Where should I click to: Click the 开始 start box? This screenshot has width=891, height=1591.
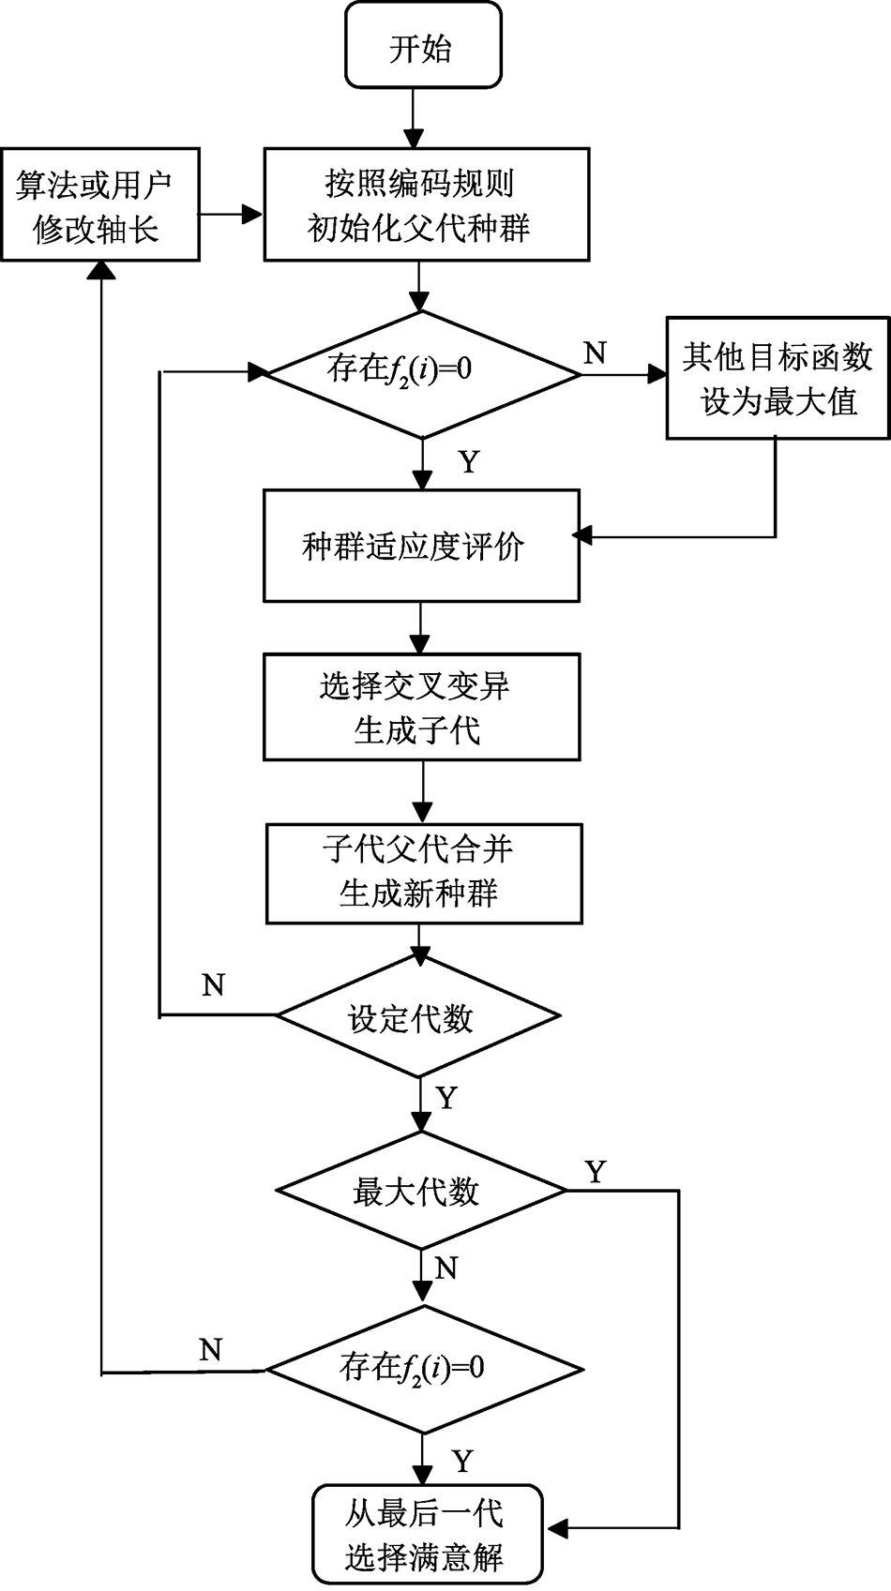(423, 45)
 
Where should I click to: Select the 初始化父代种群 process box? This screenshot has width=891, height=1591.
(426, 203)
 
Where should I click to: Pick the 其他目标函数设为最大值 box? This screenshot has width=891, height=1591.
(778, 378)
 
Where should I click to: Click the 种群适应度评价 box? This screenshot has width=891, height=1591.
(421, 545)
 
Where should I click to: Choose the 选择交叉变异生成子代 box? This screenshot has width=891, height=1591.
(421, 707)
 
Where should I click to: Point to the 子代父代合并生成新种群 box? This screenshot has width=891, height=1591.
(424, 873)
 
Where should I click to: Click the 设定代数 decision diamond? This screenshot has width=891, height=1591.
(417, 1016)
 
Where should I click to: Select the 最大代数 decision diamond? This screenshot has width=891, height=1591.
(420, 1191)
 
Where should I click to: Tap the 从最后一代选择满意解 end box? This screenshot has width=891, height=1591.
(428, 1534)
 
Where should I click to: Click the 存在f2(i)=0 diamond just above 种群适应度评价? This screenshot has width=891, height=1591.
(422, 374)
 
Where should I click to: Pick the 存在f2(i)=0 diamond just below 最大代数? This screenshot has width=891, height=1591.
(424, 1369)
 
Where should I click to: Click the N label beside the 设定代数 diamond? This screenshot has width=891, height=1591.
(213, 985)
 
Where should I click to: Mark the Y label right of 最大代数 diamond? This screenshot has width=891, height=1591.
(595, 1171)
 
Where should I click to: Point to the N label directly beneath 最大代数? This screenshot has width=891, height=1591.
(446, 1268)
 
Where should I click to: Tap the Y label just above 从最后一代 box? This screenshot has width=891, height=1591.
(461, 1461)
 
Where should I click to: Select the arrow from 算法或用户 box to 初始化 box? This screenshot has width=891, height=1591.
(231, 214)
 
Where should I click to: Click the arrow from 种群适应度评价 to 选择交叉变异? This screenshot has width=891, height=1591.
(420, 627)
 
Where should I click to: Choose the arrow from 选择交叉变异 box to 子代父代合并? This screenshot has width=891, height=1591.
(423, 791)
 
